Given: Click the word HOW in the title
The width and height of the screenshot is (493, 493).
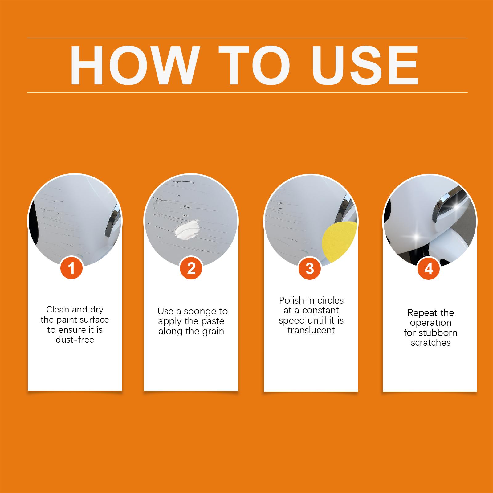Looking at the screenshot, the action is [133, 65].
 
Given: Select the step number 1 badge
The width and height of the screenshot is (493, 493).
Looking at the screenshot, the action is [71, 268].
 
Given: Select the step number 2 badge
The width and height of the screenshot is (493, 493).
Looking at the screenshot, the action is [191, 268].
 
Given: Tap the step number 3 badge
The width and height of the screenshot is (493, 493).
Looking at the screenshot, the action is [310, 268].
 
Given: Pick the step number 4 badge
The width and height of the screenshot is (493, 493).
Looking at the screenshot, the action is [429, 268].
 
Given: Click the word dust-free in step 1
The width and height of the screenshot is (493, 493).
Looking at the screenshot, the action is [75, 340].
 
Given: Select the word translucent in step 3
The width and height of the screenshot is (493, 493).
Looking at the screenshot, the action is [311, 330].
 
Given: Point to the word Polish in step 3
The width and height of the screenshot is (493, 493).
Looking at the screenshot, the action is [291, 300].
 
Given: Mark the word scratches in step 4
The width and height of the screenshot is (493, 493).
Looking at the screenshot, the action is [431, 343].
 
